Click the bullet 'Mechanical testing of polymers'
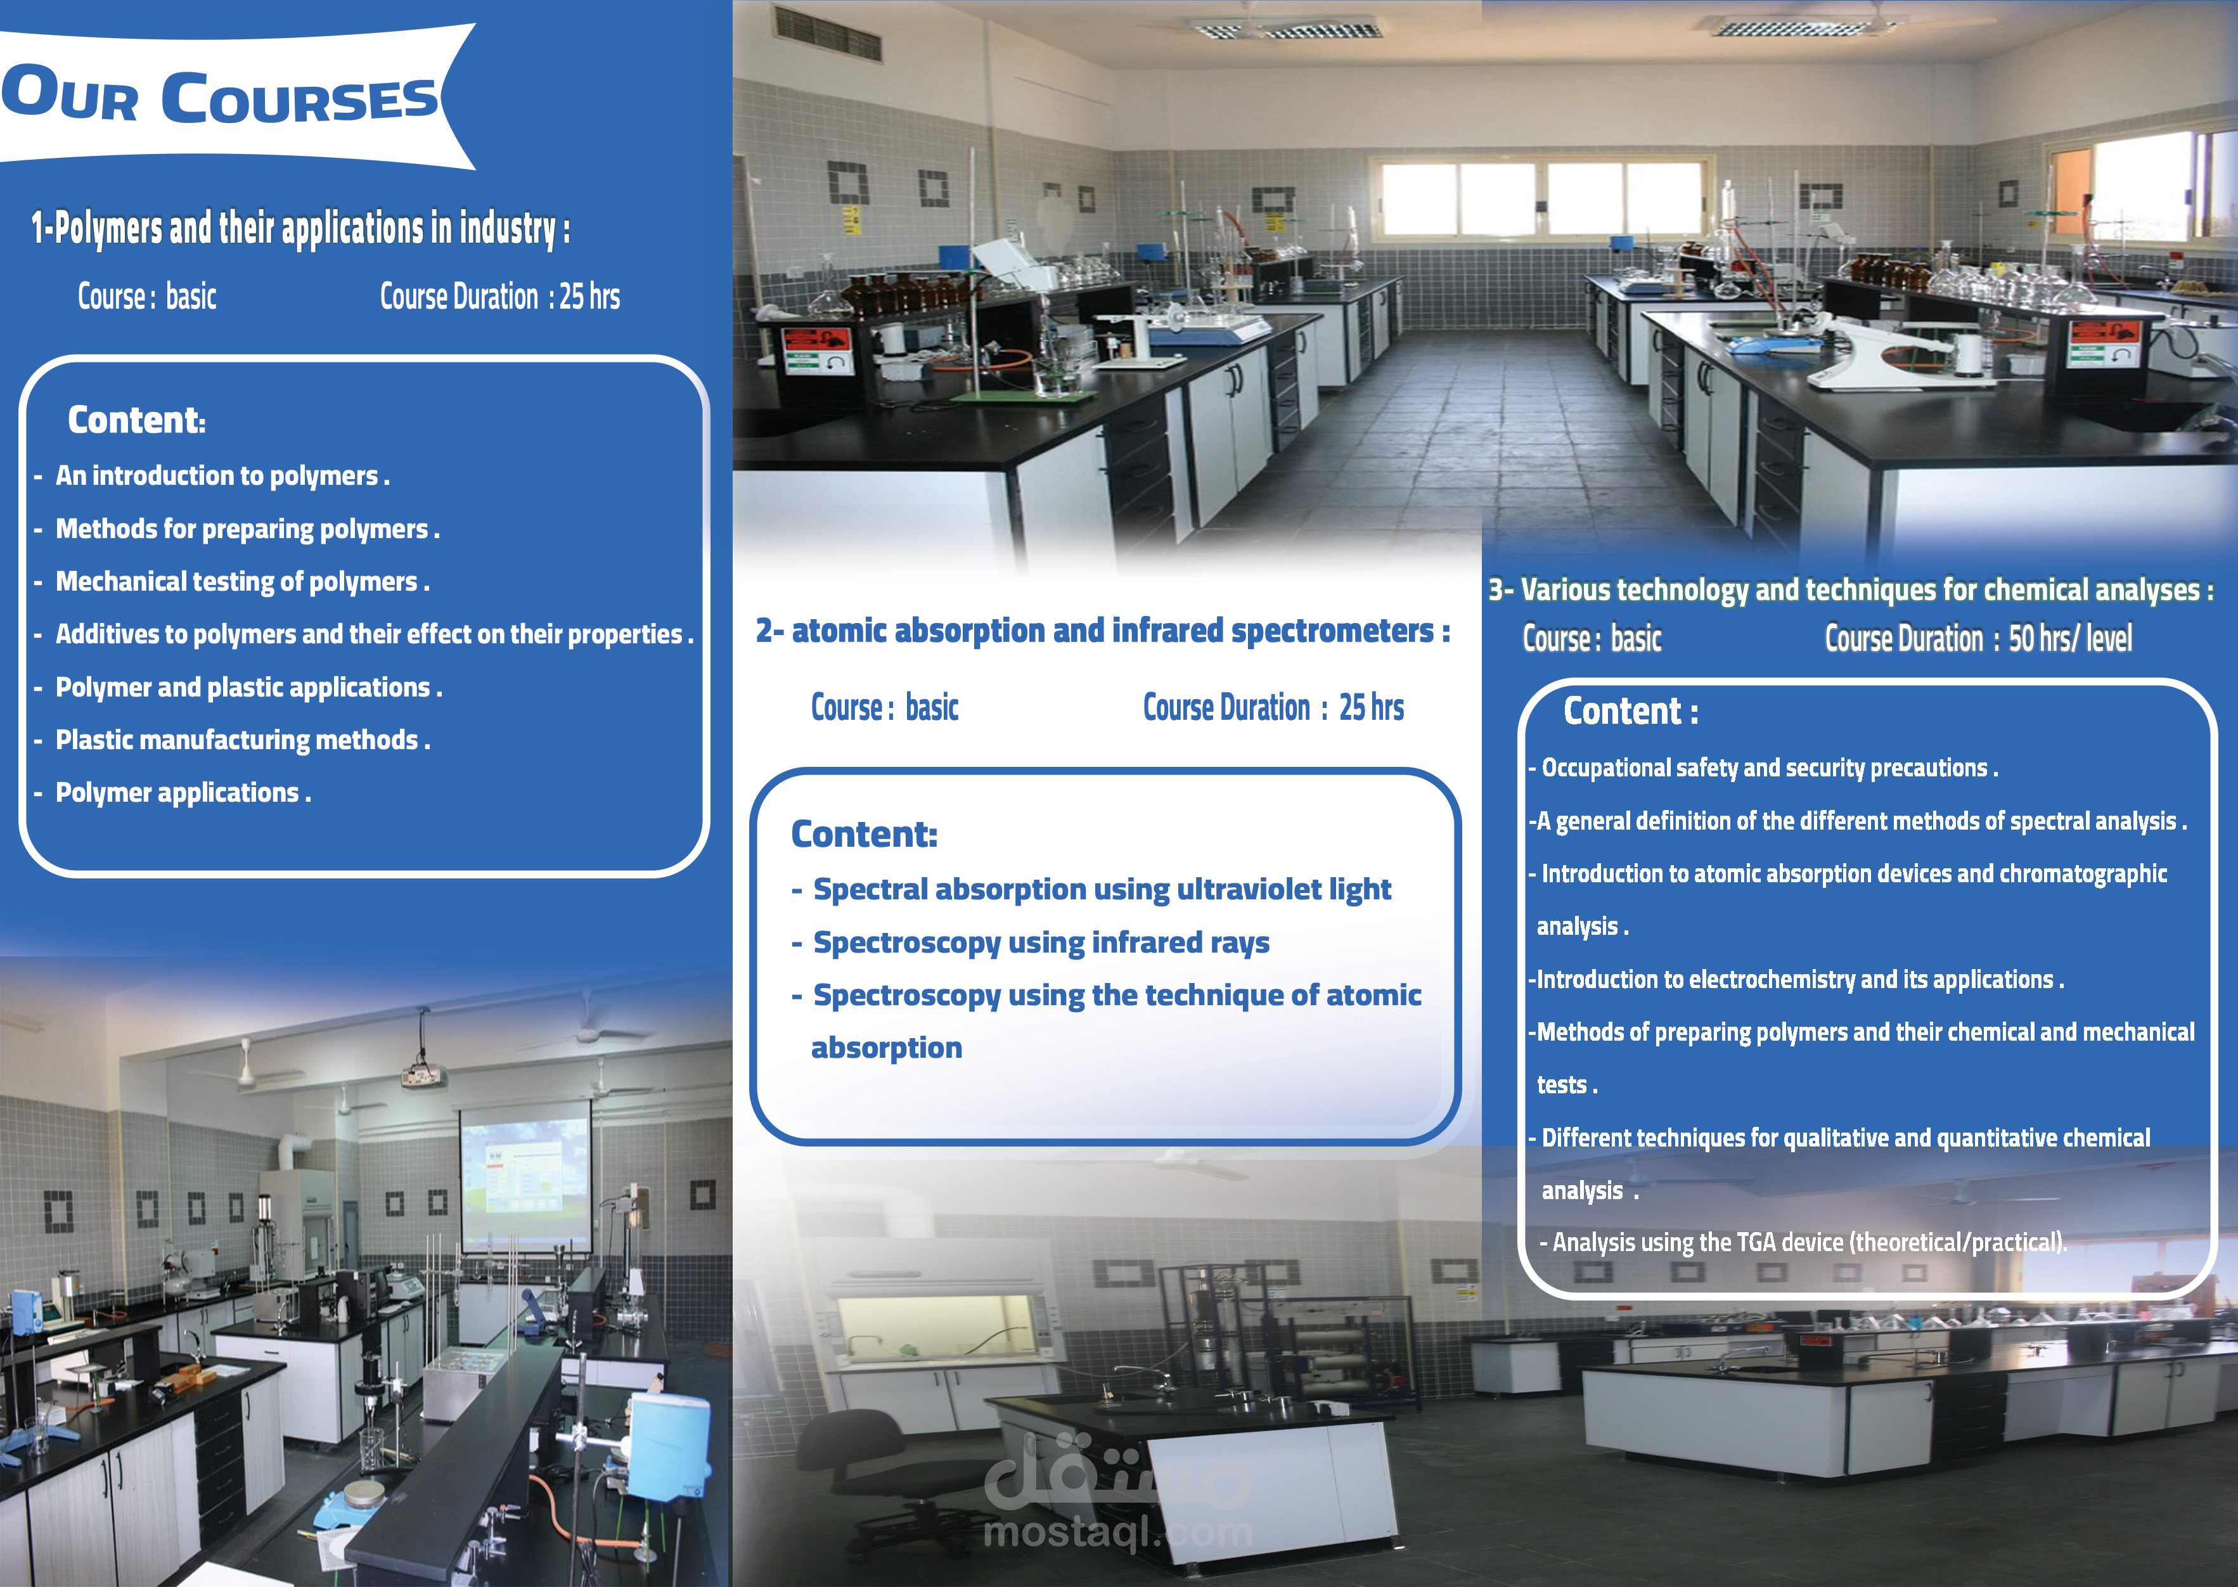point(242,581)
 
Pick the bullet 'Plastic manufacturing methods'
point(242,740)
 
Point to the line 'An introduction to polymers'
point(222,476)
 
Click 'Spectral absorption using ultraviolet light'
point(1102,889)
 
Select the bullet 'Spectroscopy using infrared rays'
point(1041,942)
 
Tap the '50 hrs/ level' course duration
point(2070,638)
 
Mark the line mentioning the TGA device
point(1803,1242)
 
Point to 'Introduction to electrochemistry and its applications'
point(1796,979)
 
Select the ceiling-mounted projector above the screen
point(424,1076)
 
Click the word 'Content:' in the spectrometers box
point(864,833)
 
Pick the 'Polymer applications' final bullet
point(183,792)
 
